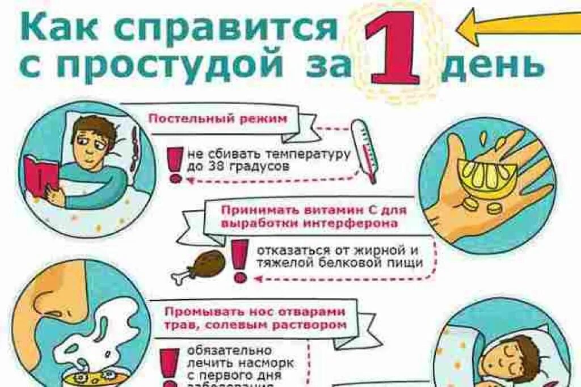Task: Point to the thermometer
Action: pos(365,150)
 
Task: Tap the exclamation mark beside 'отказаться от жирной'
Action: pos(241,260)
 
